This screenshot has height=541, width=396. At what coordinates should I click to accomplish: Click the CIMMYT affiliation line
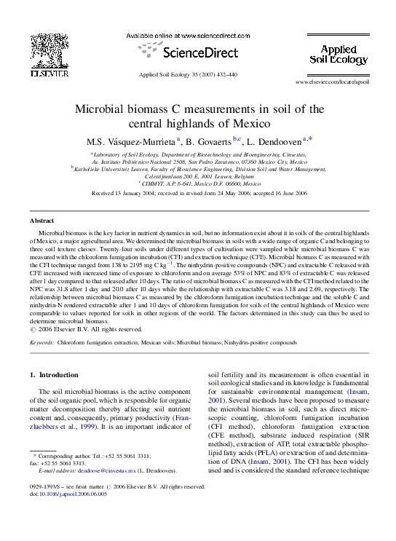[x=198, y=183]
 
